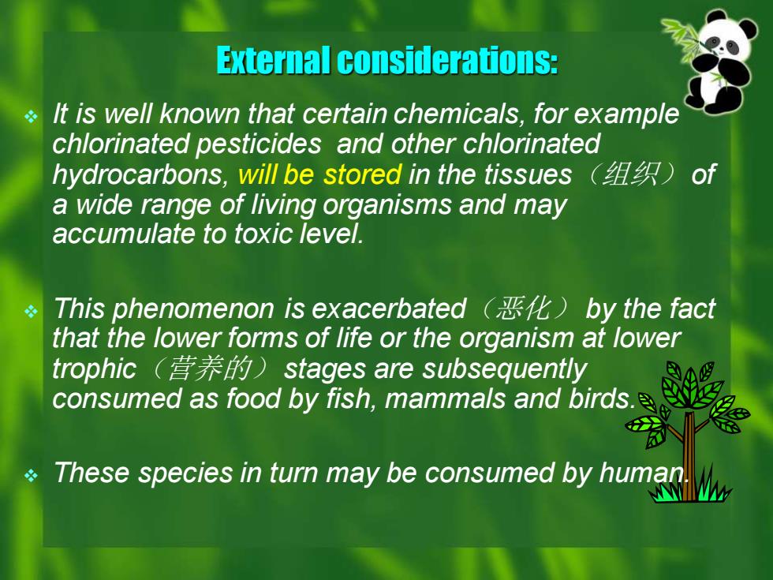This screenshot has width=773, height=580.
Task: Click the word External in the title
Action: tap(274, 60)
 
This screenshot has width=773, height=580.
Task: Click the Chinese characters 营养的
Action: tap(210, 369)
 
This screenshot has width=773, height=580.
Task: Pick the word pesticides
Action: tap(259, 144)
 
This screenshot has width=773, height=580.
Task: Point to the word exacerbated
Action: tap(389, 309)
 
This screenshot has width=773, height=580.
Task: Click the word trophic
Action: tap(94, 369)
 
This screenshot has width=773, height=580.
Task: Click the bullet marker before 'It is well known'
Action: tap(31, 117)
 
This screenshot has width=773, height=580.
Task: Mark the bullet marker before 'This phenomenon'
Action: tap(31, 312)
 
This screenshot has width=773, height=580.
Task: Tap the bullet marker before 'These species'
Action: tap(31, 475)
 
